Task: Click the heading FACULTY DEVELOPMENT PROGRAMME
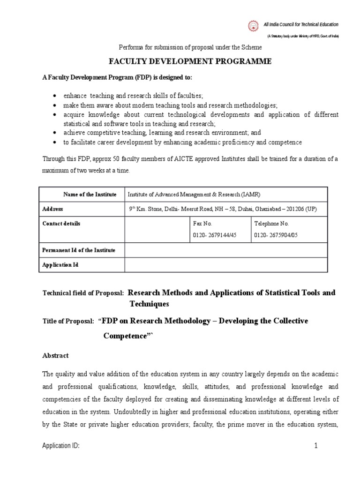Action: coord(190,62)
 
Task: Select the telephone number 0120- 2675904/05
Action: coord(275,235)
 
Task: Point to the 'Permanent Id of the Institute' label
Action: coord(79,250)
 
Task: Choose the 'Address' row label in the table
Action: coord(52,209)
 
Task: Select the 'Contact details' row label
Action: coord(61,224)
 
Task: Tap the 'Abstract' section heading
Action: coord(55,356)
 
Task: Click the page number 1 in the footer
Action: coord(316,446)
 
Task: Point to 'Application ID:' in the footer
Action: coord(60,446)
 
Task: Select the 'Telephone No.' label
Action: coord(271,224)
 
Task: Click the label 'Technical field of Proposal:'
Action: coord(83,293)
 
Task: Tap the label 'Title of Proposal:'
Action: coord(68,322)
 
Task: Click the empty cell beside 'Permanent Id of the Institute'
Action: coord(226,250)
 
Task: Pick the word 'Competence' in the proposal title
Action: coord(125,337)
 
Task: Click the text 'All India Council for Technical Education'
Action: coord(301,24)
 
